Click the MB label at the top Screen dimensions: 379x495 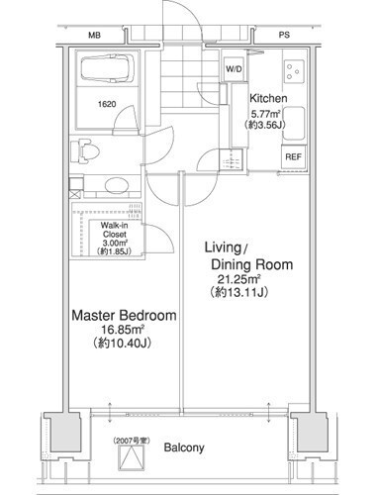94,35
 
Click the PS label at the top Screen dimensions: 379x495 284,35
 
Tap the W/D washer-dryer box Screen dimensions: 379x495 234,69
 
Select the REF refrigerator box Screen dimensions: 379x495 293,156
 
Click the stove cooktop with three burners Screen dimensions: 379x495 294,71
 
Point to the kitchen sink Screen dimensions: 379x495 294,123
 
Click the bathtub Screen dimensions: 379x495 108,68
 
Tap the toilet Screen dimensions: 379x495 85,150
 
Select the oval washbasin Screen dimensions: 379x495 116,185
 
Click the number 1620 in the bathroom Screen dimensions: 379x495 107,104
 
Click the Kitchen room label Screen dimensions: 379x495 268,98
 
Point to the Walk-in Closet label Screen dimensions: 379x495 114,230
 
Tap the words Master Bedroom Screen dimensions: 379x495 124,315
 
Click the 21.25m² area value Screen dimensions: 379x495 238,279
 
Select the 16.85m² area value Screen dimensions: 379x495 123,330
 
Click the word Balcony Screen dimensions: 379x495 184,447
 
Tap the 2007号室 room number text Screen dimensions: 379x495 132,441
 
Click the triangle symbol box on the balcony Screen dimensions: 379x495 132,457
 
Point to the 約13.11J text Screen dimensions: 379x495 238,292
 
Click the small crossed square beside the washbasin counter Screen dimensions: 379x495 75,194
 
